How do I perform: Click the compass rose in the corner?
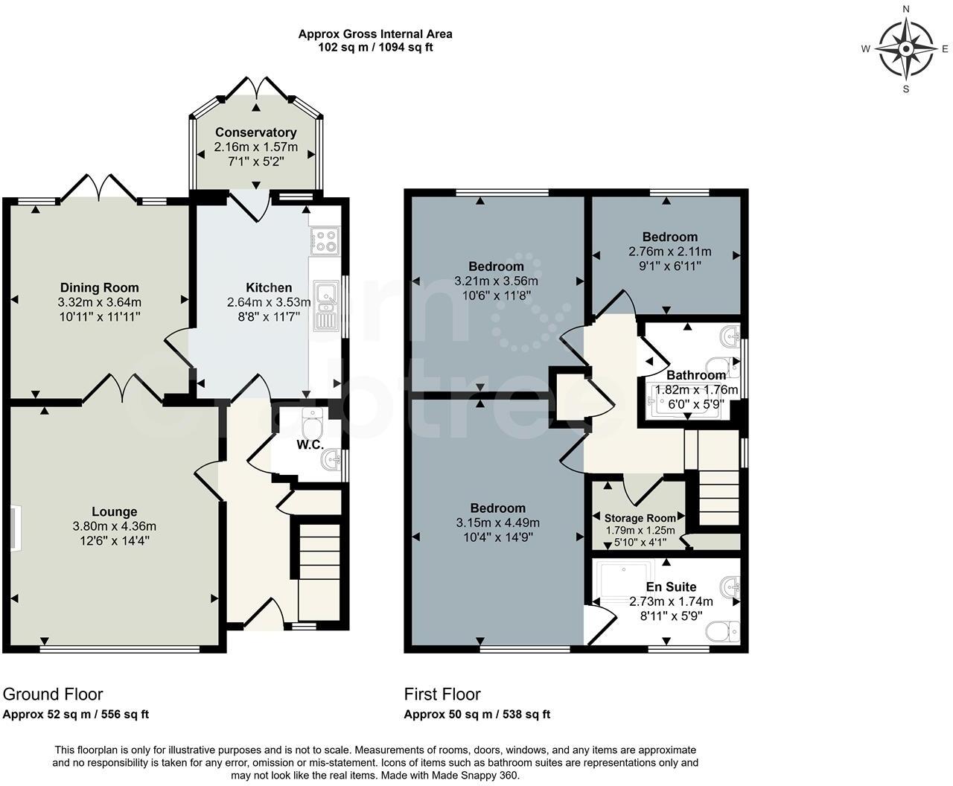coord(906,49)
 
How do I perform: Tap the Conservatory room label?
coord(255,132)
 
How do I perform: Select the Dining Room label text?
coord(99,288)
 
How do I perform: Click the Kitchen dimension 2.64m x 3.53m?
coord(269,302)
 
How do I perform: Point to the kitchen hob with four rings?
coord(325,241)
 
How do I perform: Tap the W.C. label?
coord(310,445)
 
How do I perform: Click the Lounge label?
coord(114,512)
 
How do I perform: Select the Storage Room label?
coord(640,518)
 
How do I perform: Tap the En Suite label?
coord(671,587)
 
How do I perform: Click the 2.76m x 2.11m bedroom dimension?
coord(669,252)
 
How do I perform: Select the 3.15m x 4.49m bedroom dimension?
coord(497,523)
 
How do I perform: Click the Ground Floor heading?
coord(53,694)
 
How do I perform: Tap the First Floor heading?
coord(442,694)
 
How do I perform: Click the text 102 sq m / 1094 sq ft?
coord(375,47)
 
